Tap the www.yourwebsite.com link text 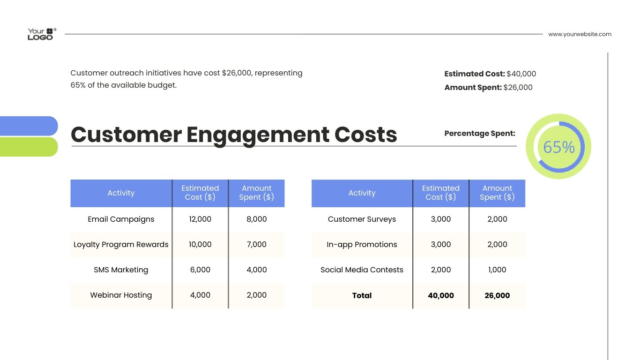(580, 34)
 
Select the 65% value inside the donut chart (558, 147)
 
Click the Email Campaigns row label (121, 219)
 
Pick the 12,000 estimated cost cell (200, 219)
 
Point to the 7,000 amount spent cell (256, 245)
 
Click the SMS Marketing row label (121, 270)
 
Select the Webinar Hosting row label (121, 295)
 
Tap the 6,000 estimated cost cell (200, 270)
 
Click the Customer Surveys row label (362, 219)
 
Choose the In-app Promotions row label (362, 245)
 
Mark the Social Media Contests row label (362, 270)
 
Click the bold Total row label (362, 296)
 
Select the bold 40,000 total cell (441, 296)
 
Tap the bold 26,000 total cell (497, 296)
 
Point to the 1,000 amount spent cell (497, 270)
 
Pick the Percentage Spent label (479, 134)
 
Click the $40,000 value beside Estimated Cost (521, 74)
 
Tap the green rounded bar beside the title (28, 147)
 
